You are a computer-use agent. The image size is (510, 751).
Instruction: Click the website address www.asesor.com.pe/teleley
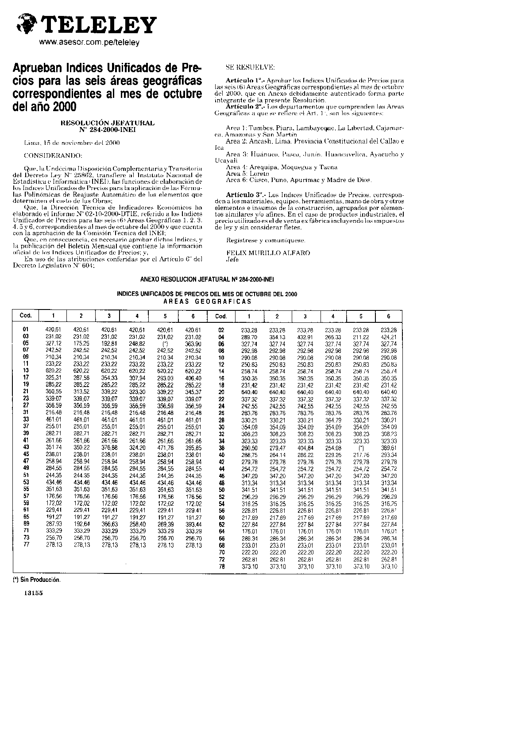[x=89, y=43]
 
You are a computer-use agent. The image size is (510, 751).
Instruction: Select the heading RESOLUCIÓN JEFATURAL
[x=108, y=123]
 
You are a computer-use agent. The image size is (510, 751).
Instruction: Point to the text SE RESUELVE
[x=250, y=67]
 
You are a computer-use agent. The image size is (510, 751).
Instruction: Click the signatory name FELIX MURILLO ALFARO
[x=268, y=253]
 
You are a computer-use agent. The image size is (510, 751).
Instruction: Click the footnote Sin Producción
[x=36, y=580]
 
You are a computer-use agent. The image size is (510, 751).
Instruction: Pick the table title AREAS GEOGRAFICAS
[x=207, y=302]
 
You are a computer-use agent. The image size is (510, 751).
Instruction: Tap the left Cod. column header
[x=26, y=316]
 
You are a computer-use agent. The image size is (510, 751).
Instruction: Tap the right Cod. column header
[x=221, y=316]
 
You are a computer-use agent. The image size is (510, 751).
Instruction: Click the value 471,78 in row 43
[x=165, y=448]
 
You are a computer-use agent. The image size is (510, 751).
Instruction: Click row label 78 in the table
[x=222, y=566]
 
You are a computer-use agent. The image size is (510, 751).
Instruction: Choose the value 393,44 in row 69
[x=193, y=524]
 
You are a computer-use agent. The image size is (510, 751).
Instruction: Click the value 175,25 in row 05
[x=81, y=343]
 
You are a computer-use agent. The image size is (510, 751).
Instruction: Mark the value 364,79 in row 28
[x=333, y=420]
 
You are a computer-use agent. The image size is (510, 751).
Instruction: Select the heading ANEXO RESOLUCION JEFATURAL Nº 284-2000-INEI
[x=207, y=280]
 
